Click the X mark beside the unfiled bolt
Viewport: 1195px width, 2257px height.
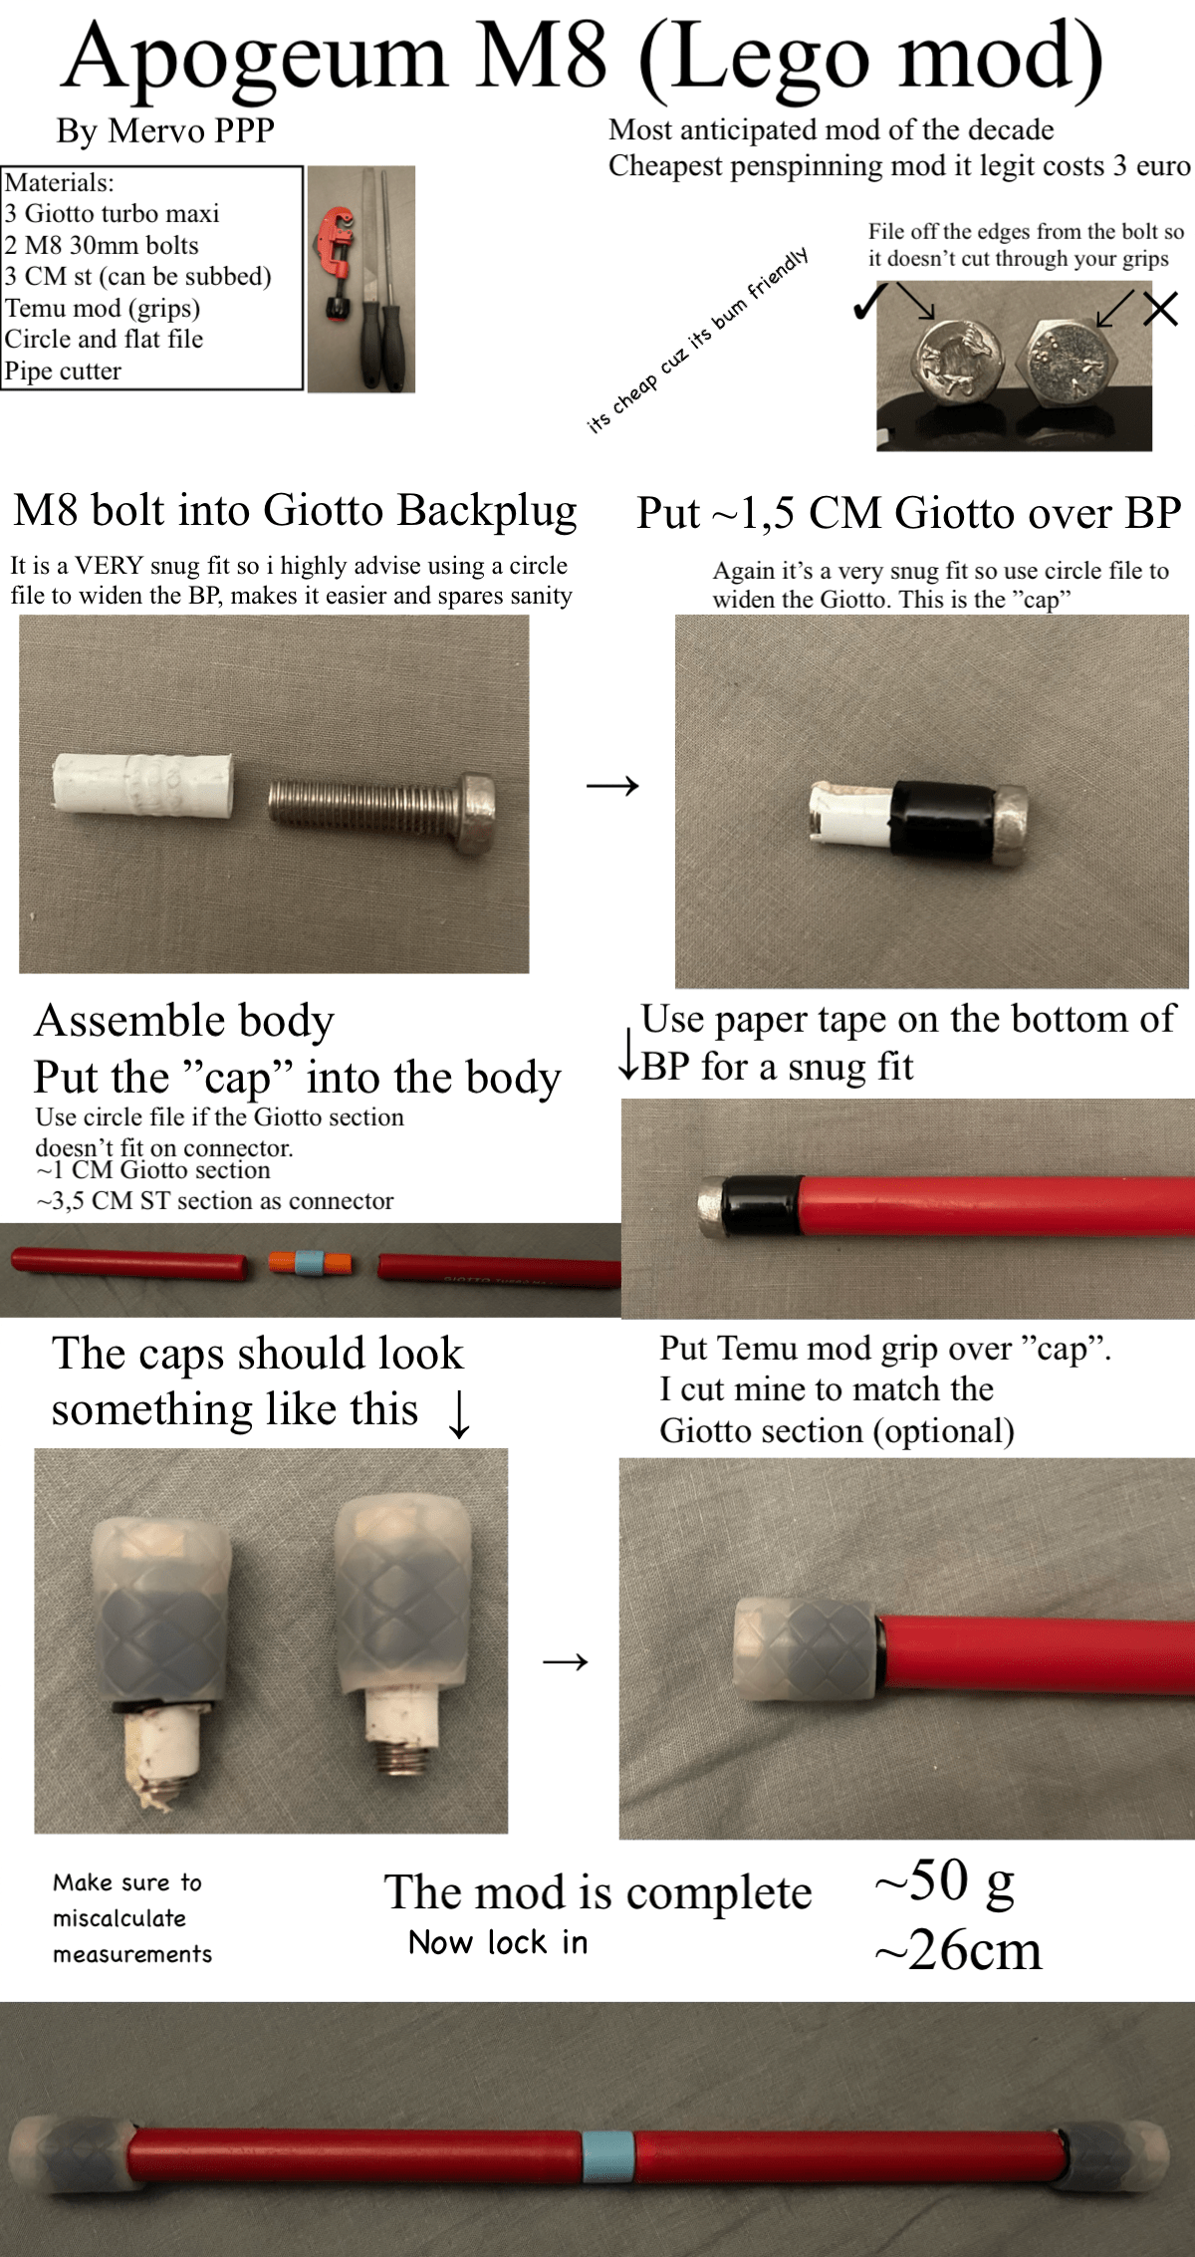tap(1160, 309)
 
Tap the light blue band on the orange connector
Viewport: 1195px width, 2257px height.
tap(310, 1263)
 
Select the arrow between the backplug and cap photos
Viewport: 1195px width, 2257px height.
tap(612, 787)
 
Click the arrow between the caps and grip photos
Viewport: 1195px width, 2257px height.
tap(565, 1661)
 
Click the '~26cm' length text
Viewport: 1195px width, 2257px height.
tap(958, 1950)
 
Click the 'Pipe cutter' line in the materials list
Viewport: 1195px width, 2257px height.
tap(63, 372)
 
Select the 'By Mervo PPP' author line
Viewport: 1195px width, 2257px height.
tap(165, 130)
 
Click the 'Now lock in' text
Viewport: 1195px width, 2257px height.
tap(498, 1942)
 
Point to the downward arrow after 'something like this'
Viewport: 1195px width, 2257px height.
tap(458, 1414)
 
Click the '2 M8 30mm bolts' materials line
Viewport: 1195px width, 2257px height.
tap(102, 245)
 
